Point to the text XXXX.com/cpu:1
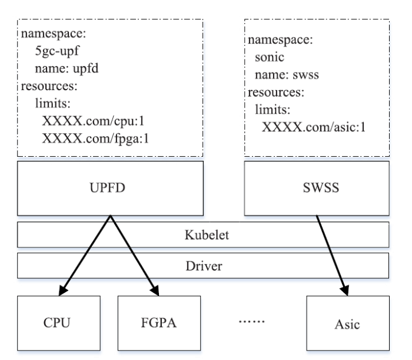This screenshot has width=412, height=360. pos(85,122)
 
